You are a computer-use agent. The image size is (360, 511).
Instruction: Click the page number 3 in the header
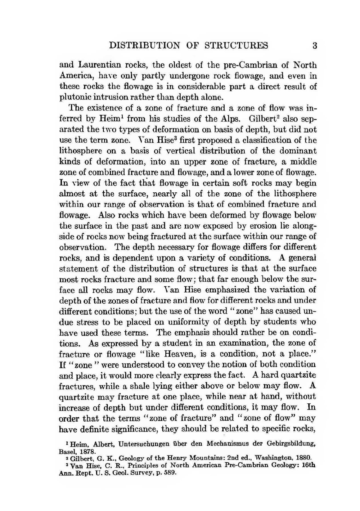point(315,46)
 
